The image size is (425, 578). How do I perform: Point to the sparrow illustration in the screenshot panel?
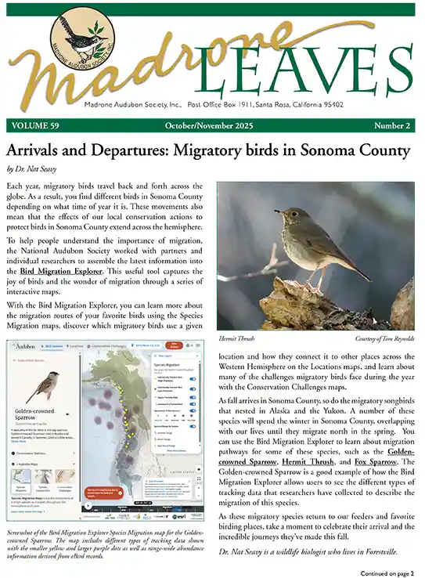[x=45, y=388]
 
